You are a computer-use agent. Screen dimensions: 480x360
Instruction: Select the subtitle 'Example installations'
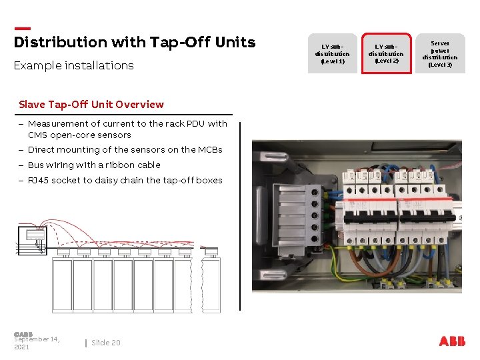[x=74, y=65]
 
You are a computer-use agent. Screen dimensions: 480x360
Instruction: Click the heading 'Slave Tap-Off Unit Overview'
[x=91, y=104]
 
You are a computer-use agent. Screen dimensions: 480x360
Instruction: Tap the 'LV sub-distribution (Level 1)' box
[x=332, y=53]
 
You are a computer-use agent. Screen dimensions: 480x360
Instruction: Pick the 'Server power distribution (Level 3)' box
[x=440, y=53]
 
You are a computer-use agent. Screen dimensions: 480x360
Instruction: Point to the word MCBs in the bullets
[x=209, y=150]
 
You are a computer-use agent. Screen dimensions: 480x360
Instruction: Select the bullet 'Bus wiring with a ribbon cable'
[x=94, y=165]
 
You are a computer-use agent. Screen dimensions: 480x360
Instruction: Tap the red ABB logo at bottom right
[x=452, y=341]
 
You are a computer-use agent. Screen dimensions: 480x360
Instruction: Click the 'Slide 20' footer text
[x=106, y=343]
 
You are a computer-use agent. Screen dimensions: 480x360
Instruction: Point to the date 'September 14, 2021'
[x=37, y=343]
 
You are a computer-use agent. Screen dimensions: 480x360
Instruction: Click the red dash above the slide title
[x=22, y=28]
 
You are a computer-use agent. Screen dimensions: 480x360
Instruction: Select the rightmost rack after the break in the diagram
[x=211, y=283]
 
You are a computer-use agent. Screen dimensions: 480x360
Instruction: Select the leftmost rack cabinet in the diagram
[x=63, y=283]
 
